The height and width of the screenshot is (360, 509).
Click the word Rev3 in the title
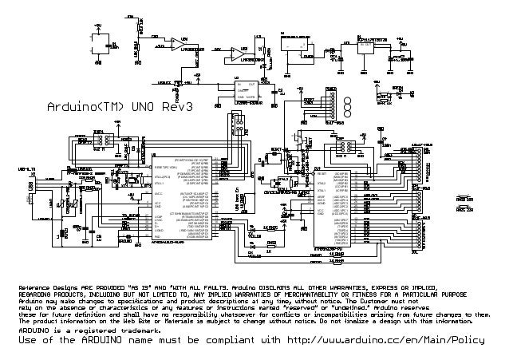[x=181, y=107]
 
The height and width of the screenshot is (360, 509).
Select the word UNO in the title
[x=144, y=107]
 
